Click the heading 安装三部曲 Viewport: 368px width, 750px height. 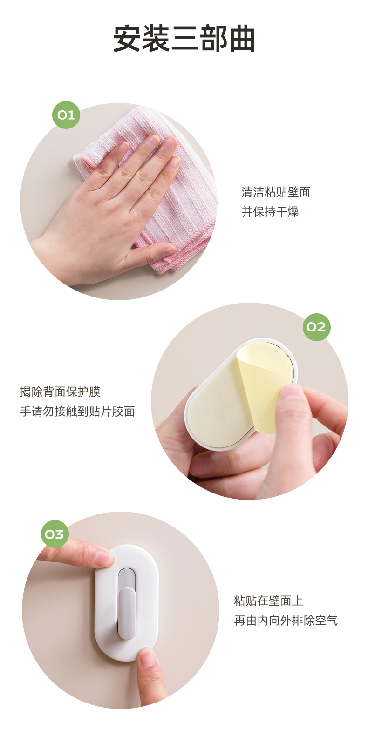[184, 39]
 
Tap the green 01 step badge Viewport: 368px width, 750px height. [66, 115]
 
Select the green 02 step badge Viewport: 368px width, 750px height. [316, 327]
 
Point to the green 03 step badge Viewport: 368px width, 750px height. [55, 534]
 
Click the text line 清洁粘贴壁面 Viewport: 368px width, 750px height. [276, 192]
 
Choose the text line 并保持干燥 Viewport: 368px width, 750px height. [270, 212]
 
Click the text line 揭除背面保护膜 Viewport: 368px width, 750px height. [61, 392]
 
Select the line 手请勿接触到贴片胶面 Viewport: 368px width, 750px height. [77, 411]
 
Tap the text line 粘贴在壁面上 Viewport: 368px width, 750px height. [268, 601]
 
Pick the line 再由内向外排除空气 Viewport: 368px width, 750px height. [286, 621]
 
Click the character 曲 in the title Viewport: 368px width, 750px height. [242, 39]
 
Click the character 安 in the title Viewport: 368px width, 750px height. [126, 39]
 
